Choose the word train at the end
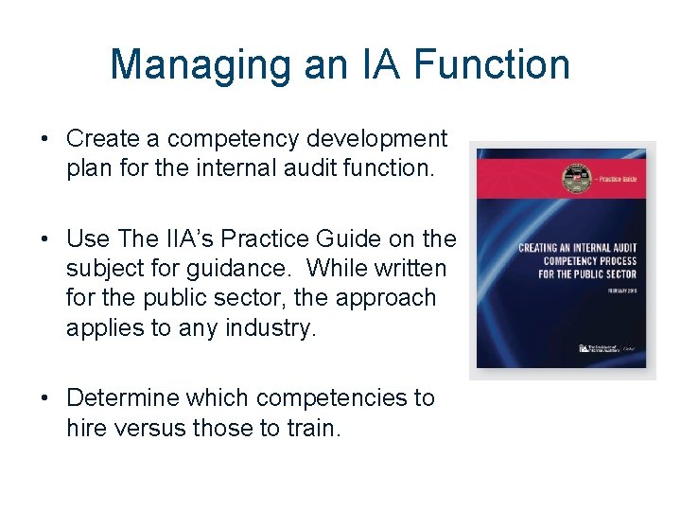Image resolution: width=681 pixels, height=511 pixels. (310, 428)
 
